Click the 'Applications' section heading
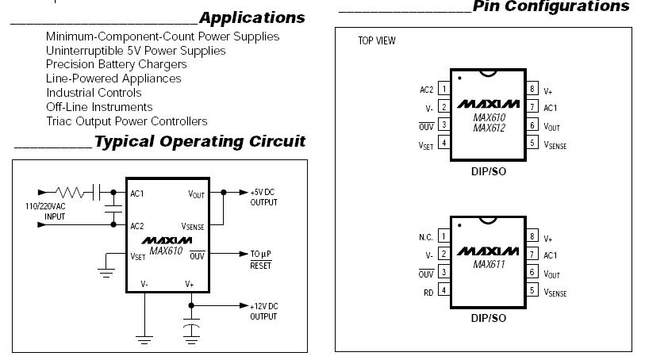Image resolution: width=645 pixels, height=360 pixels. (x=251, y=17)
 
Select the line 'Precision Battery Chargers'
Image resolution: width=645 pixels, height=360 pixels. (x=117, y=64)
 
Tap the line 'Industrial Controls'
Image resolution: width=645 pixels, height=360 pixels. (x=94, y=93)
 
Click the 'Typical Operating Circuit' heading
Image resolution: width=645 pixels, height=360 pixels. (x=200, y=141)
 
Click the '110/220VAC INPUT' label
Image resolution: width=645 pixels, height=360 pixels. (x=45, y=211)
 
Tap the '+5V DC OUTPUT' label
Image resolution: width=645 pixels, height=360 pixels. (x=263, y=197)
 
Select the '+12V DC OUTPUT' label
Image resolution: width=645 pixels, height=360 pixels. (x=263, y=311)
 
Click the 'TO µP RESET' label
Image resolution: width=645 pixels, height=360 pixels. (x=261, y=260)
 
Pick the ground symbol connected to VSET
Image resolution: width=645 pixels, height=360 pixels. (x=106, y=273)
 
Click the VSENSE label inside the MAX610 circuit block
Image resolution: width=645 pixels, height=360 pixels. (x=193, y=227)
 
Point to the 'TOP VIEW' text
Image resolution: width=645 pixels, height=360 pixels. (x=376, y=40)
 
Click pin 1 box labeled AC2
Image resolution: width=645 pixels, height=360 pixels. (x=443, y=88)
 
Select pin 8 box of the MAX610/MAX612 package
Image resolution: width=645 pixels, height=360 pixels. (x=532, y=88)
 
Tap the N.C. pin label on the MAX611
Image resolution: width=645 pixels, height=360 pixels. (x=426, y=237)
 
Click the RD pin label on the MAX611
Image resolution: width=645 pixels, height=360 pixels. (x=428, y=293)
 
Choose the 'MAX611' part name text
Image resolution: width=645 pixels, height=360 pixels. (x=489, y=264)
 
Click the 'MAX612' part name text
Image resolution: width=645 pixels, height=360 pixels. (x=489, y=128)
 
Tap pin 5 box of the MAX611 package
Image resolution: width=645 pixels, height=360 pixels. (x=532, y=290)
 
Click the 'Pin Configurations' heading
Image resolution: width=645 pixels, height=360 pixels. (x=551, y=6)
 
